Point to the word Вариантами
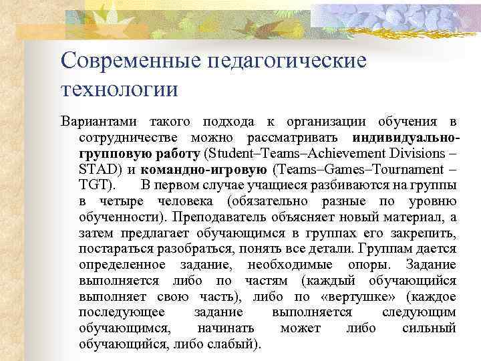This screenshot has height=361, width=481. (x=98, y=122)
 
